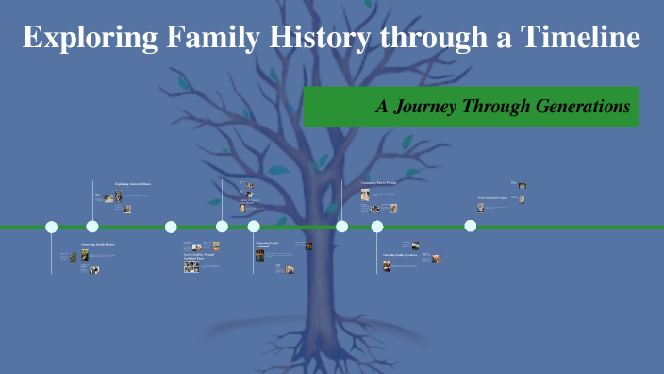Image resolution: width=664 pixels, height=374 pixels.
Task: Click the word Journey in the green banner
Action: (426, 107)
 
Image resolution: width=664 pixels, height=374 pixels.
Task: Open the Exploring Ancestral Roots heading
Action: (132, 183)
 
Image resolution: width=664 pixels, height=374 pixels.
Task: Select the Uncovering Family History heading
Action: (97, 245)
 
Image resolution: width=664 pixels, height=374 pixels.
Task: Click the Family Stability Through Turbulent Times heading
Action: (199, 257)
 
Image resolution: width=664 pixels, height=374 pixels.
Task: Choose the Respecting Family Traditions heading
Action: (267, 245)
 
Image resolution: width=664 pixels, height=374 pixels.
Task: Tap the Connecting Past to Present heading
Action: (378, 182)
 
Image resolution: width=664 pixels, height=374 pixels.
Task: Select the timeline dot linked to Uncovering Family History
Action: (52, 227)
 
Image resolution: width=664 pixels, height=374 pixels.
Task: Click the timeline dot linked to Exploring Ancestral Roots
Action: (92, 227)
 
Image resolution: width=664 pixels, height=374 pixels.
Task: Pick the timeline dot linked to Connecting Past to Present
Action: (342, 227)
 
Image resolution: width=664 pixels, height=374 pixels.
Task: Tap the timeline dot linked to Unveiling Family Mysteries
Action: (377, 227)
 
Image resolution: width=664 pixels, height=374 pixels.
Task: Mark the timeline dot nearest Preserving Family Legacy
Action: (471, 226)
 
